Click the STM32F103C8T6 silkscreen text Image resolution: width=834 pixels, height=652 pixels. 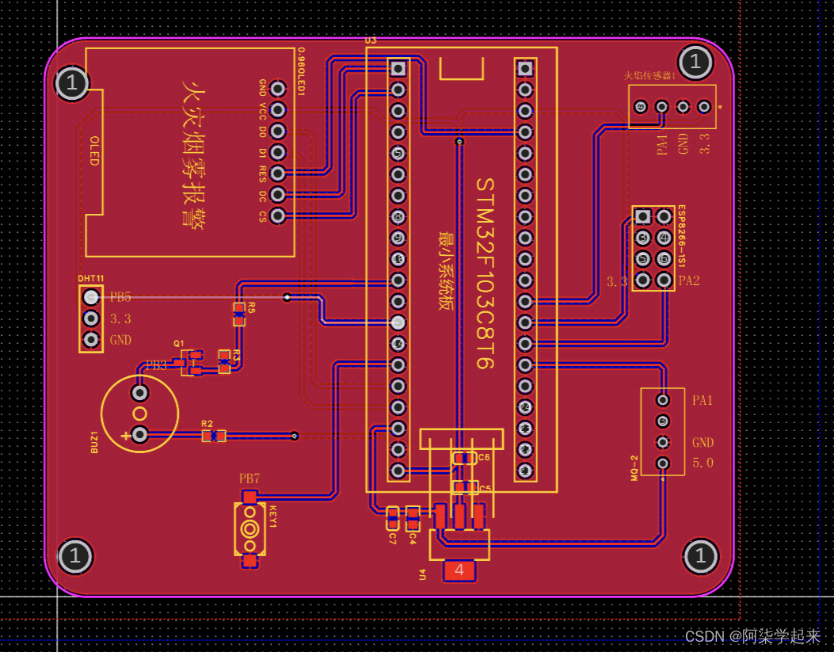pos(485,273)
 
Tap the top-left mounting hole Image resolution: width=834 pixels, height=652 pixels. pos(72,82)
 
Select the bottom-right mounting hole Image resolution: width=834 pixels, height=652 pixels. pos(700,555)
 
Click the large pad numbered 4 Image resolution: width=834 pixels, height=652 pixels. pos(459,569)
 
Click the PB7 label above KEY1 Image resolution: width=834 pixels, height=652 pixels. pos(249,479)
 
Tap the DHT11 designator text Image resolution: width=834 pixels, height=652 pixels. pos(91,279)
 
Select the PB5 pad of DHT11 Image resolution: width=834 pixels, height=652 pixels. pos(92,297)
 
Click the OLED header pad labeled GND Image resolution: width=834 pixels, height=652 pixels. pos(278,88)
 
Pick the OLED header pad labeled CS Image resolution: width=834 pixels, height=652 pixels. pos(278,215)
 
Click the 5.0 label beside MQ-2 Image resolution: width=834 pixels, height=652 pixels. pos(703,463)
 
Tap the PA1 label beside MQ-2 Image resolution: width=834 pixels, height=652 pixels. pos(703,400)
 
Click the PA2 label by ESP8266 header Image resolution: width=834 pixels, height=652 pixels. pos(689,280)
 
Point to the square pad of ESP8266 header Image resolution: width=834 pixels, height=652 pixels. pos(643,216)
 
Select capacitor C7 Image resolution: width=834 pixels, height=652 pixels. pos(392,518)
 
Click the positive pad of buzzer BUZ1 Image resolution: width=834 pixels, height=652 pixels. pos(140,434)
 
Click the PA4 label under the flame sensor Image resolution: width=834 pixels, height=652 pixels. pos(662,144)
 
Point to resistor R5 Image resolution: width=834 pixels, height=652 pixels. pos(239,314)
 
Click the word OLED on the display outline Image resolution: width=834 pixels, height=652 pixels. pos(94,151)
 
